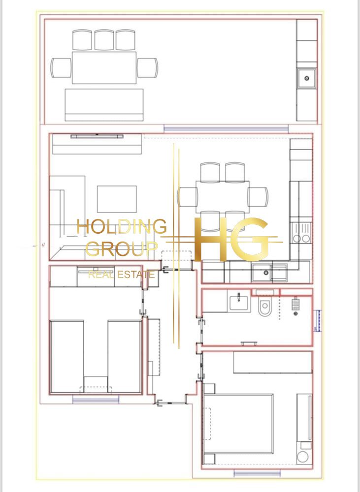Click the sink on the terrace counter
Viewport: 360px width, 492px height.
coord(307,78)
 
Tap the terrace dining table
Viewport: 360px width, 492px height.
coord(104,67)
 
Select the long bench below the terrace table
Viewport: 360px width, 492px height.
coord(104,105)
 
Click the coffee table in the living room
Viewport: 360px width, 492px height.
coord(117,199)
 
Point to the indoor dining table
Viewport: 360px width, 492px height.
coord(223,197)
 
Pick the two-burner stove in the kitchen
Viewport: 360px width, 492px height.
coord(301,233)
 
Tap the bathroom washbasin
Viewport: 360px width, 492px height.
coord(238,303)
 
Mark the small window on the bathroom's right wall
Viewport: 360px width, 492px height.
coord(318,320)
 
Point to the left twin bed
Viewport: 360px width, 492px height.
coord(67,356)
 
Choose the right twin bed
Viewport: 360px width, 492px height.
coord(125,356)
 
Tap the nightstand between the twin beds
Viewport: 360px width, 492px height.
coord(96,384)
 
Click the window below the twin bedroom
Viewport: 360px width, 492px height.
coord(96,399)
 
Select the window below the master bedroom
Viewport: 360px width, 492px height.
coord(257,473)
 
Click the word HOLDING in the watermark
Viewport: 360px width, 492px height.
coord(122,226)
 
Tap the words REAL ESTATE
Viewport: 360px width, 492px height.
coord(122,275)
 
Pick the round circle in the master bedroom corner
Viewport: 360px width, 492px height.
coord(302,457)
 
